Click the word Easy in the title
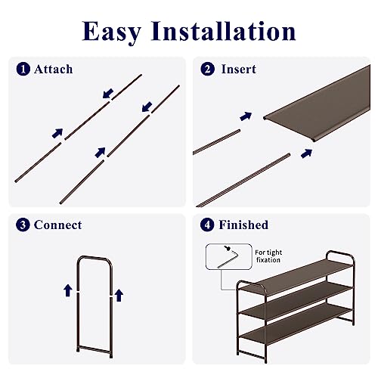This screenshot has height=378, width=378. click(x=112, y=32)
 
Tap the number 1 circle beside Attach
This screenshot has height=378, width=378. click(x=23, y=70)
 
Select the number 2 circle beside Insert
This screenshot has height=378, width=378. click(x=208, y=69)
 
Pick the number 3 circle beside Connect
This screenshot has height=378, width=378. click(x=23, y=225)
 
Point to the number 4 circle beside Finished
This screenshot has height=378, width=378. click(x=207, y=225)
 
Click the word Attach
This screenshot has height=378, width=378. click(x=54, y=70)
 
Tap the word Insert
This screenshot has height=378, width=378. click(x=239, y=69)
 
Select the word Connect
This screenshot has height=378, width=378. click(x=58, y=225)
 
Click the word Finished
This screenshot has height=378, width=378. click(x=243, y=225)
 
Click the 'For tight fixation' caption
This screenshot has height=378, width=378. click(x=268, y=256)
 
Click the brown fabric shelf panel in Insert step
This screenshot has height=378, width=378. click(x=317, y=104)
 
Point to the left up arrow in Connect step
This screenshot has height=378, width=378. click(x=68, y=290)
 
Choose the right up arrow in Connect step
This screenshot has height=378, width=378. click(x=119, y=296)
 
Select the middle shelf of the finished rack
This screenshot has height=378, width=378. click(x=296, y=300)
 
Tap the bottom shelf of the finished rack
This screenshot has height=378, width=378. click(x=295, y=324)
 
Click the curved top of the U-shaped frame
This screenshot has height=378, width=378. click(x=94, y=258)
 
